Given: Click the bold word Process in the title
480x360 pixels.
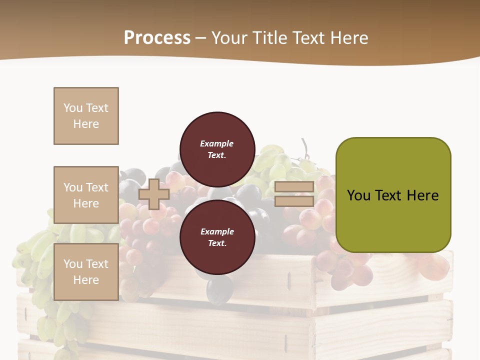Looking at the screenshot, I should [x=157, y=37].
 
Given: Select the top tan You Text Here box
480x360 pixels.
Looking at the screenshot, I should [x=86, y=116].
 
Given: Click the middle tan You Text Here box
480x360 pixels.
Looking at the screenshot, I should [x=86, y=195].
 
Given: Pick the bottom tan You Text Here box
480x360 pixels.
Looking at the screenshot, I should [x=86, y=271].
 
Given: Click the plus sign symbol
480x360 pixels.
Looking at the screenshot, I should [x=154, y=194].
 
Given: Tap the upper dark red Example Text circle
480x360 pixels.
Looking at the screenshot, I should [x=217, y=149].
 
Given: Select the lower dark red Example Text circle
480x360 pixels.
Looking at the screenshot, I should [x=217, y=237].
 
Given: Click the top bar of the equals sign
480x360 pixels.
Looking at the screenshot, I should [x=294, y=187].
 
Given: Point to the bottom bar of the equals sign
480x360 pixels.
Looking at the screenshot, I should [x=294, y=201].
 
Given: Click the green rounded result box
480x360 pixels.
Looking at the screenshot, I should [x=393, y=194].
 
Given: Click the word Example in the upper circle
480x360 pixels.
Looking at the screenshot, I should [x=217, y=143].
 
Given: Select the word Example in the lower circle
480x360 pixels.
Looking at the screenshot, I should [x=217, y=231].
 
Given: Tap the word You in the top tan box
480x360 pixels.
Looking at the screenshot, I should [x=72, y=108].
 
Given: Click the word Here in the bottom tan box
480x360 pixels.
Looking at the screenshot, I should [x=86, y=280].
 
